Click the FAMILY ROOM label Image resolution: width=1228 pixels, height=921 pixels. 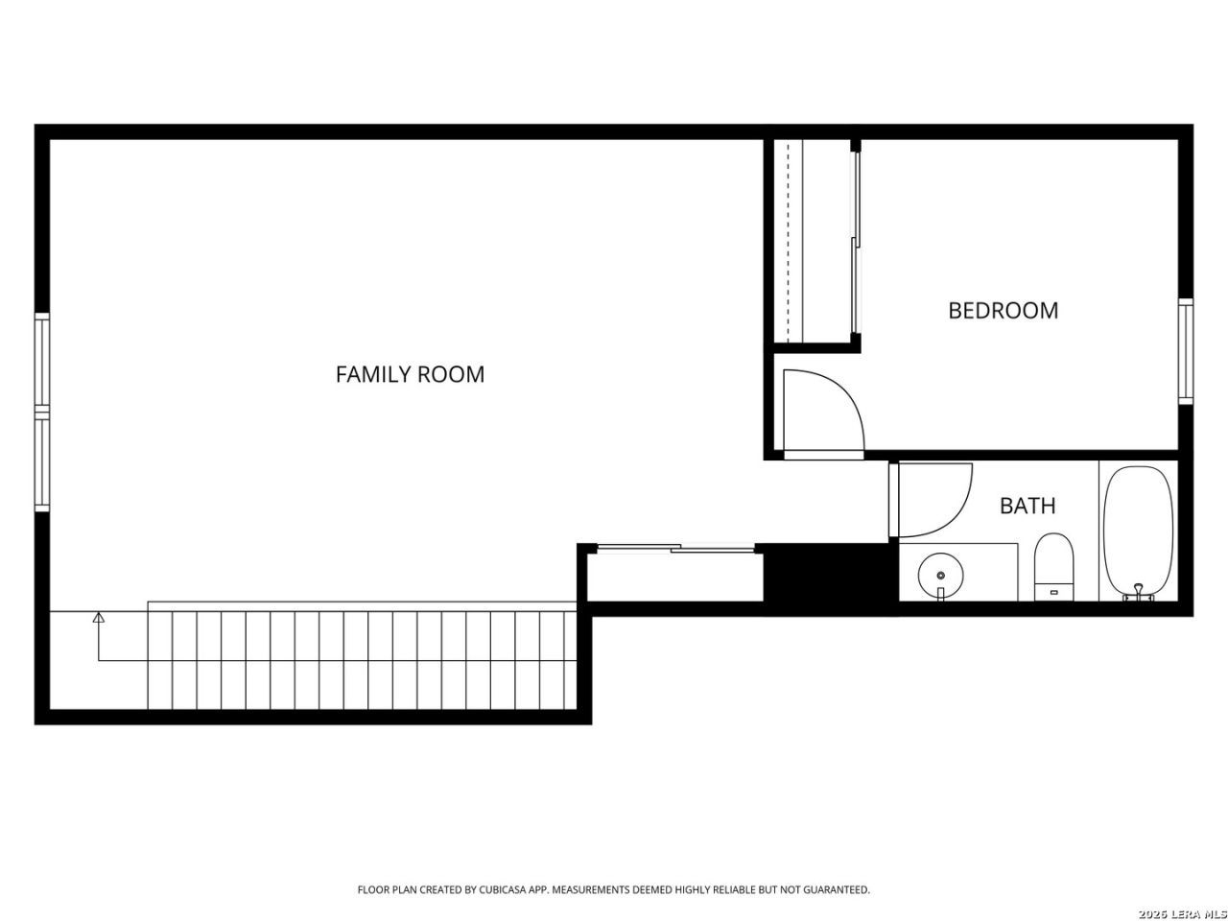tap(410, 374)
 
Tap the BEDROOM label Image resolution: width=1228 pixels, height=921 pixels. tap(1004, 311)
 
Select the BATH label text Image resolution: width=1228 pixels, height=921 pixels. tap(1027, 506)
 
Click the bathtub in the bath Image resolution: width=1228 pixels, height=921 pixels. tap(1138, 531)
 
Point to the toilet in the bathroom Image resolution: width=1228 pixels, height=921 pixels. tap(1053, 567)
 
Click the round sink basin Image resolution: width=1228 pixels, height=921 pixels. tap(941, 576)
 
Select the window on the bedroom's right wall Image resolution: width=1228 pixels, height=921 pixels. tap(1186, 351)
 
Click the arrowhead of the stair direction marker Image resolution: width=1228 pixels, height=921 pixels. tap(99, 617)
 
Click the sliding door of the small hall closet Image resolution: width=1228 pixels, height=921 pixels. tap(675, 548)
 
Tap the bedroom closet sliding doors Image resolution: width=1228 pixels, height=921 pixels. tap(855, 242)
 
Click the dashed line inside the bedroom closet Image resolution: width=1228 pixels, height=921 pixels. tap(788, 241)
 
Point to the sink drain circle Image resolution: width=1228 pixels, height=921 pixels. tap(941, 576)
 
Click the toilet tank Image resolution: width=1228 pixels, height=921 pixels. tap(1053, 592)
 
